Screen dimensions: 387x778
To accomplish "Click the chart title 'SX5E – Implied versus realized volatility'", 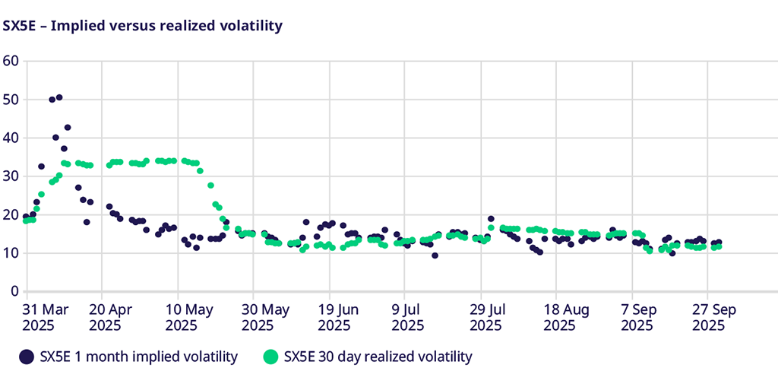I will (143, 27).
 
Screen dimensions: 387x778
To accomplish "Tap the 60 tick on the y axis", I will (11, 61).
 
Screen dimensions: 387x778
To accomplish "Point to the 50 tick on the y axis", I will (11, 100).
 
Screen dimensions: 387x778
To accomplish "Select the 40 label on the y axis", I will (11, 138).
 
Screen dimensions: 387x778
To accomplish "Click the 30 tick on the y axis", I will (11, 176).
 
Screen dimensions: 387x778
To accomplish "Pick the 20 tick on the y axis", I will (11, 214).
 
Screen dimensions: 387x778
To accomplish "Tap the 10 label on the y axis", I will (11, 253).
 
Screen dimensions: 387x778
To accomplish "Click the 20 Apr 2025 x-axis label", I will (110, 317).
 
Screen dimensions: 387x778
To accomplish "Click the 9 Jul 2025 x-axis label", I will (409, 317).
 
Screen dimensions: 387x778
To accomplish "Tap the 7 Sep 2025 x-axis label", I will (637, 317).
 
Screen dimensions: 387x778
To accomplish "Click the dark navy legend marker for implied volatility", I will (27, 357).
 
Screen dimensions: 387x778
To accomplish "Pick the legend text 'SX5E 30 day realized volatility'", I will (378, 357).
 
